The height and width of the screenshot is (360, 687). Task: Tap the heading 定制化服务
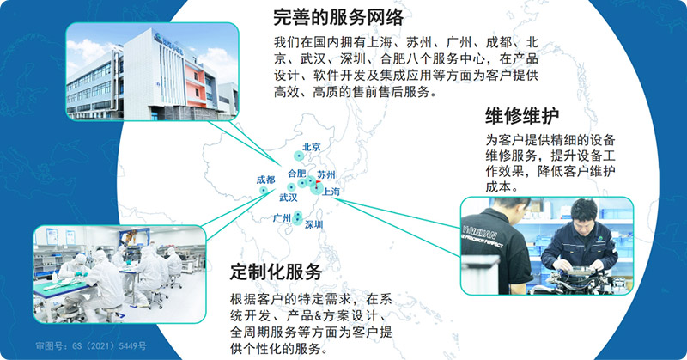click(277, 272)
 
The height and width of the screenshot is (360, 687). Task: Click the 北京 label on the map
click(312, 148)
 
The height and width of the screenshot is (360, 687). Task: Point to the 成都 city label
click(265, 180)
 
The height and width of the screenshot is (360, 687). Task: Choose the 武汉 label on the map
click(288, 198)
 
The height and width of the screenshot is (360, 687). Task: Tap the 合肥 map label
click(295, 173)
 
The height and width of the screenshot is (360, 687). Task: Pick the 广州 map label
click(282, 218)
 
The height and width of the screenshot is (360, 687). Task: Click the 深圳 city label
click(314, 224)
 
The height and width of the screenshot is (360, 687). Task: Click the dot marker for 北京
click(299, 156)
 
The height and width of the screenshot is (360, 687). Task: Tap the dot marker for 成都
click(264, 190)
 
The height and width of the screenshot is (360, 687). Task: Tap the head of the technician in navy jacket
click(583, 211)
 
